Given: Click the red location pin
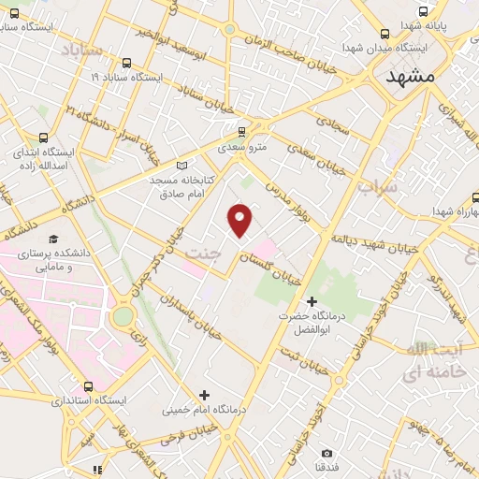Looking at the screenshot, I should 241,218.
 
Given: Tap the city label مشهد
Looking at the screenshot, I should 411,79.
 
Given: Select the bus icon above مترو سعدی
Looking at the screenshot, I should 242,132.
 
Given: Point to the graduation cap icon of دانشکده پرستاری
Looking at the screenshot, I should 52,239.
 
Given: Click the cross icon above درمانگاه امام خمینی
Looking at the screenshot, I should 204,394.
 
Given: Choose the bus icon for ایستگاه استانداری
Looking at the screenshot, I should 88,385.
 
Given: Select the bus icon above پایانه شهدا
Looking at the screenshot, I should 423,13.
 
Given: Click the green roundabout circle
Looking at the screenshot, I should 123,316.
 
